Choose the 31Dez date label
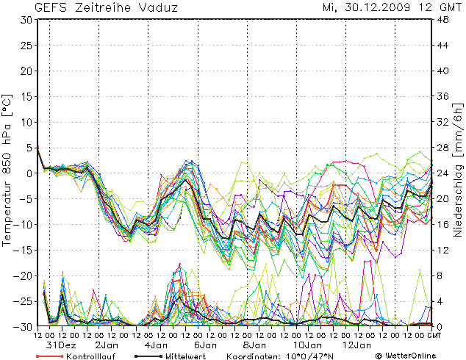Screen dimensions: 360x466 (60, 345)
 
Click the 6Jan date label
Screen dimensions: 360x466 (205, 345)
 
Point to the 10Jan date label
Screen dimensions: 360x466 (304, 345)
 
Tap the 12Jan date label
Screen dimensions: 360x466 (355, 345)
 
